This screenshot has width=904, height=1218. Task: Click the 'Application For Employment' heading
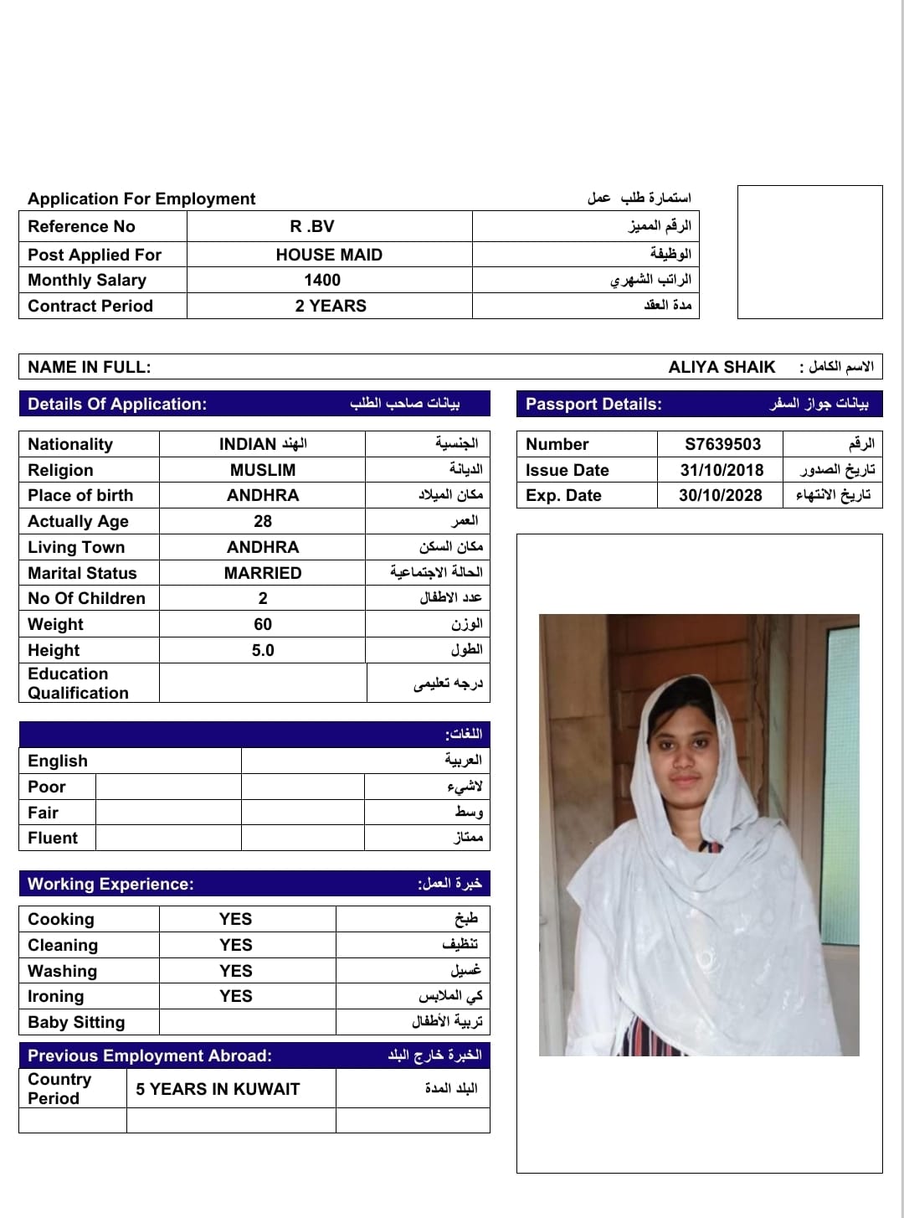coord(141,199)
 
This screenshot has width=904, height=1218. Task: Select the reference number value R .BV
coord(312,226)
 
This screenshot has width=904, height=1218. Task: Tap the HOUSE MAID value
coord(329,255)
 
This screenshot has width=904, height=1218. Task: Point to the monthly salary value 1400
coord(322,280)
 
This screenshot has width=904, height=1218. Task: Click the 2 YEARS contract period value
coord(331,306)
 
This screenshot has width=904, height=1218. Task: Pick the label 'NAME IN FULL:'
coord(90,367)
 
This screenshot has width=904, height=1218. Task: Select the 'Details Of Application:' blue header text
coord(117,404)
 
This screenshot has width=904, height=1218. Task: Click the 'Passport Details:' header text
coord(593,404)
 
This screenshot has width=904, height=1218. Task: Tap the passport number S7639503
coord(722,444)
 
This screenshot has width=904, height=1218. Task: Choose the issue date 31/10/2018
coord(722,470)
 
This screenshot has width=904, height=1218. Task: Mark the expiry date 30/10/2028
coord(721,495)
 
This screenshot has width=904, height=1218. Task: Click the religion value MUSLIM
coord(263,470)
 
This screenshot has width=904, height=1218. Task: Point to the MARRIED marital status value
coord(263,573)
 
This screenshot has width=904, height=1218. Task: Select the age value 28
coord(263,521)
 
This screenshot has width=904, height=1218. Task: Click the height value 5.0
coord(263,650)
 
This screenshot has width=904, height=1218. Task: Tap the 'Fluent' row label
coord(53,838)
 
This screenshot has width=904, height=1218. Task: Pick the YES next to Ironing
coord(236,996)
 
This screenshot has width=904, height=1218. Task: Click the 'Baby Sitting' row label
coord(76,1022)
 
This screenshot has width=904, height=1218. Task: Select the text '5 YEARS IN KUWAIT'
coord(218,1089)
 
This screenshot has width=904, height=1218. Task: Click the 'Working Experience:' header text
coord(110,884)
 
